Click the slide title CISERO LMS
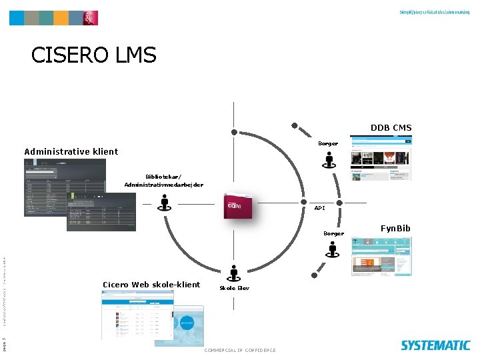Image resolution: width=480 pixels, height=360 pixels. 93,55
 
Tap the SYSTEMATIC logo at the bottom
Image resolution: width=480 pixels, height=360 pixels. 435,345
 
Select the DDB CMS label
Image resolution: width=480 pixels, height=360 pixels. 391,127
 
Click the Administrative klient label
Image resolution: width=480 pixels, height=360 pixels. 71,151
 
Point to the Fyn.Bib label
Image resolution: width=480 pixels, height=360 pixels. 395,229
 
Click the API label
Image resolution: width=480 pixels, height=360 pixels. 320,209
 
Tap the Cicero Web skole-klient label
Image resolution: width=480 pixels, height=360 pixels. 151,285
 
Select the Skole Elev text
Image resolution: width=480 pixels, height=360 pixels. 234,288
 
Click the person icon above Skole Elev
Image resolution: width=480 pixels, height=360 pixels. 233,273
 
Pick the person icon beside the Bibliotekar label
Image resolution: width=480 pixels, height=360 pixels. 164,203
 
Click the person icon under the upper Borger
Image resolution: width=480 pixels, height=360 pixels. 329,160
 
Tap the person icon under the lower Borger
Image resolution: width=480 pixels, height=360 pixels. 333,249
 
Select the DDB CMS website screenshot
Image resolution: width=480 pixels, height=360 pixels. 381,158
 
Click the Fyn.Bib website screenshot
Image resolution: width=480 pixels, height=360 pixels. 380,256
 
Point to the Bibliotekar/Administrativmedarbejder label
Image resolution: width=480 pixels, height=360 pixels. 163,180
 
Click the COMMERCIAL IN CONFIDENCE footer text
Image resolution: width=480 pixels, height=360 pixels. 240,350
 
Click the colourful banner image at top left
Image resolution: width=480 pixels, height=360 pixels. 53,18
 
